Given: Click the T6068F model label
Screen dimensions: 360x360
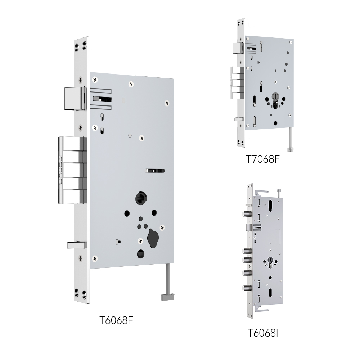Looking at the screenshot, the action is [116, 320].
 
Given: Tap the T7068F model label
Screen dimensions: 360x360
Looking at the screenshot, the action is [263, 159].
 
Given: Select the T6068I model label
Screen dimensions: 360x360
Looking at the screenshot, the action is [263, 333].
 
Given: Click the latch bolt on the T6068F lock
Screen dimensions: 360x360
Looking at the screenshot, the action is [75, 98].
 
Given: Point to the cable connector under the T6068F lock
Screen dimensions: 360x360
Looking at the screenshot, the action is [168, 297].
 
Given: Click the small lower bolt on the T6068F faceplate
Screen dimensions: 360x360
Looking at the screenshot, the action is [77, 245].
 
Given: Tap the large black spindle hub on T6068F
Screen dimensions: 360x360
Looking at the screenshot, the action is [141, 198].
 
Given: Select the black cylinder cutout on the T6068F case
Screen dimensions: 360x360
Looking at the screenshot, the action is [153, 238].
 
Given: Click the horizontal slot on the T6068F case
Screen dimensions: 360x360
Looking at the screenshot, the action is [155, 171].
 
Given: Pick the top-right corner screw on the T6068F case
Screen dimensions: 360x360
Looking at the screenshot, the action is [167, 103].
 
